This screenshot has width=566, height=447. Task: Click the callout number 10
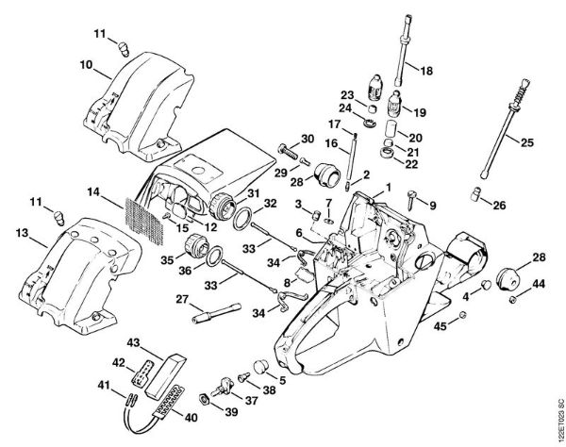pyautogui.click(x=85, y=65)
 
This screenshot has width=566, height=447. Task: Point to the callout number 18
pyautogui.click(x=425, y=70)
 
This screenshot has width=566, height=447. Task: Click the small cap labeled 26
pyautogui.click(x=477, y=195)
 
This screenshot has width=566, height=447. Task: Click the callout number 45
pyautogui.click(x=439, y=327)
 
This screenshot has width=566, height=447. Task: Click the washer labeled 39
pyautogui.click(x=204, y=397)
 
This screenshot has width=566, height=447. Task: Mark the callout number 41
pyautogui.click(x=106, y=384)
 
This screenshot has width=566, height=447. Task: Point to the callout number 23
pyautogui.click(x=345, y=95)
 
